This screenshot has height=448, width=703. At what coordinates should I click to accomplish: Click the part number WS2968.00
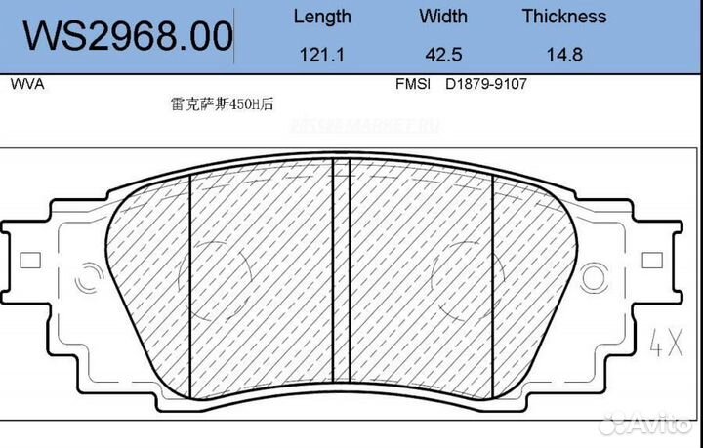[x=128, y=36]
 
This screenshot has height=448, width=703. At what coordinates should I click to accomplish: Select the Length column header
[x=322, y=17]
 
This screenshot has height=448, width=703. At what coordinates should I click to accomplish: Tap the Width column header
[x=442, y=17]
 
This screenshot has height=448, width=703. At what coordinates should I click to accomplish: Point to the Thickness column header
[x=563, y=17]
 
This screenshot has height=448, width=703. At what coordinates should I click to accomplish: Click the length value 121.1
[x=323, y=55]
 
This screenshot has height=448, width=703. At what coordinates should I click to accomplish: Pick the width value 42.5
[x=442, y=55]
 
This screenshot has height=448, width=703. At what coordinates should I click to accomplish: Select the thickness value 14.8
[x=563, y=55]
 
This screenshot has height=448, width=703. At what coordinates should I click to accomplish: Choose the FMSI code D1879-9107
[x=486, y=85]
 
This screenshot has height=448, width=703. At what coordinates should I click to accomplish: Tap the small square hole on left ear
[x=29, y=261]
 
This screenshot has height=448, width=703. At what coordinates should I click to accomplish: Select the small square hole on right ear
[x=652, y=261]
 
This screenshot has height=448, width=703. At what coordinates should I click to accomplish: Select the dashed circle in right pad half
[x=460, y=277]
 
